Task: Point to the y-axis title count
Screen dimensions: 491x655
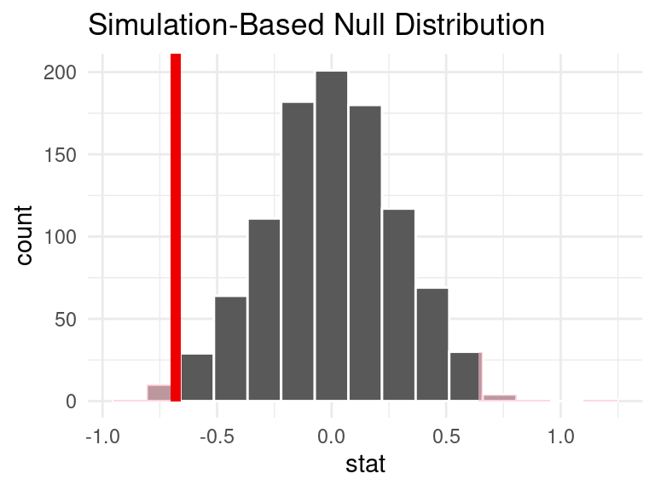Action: pos(26,234)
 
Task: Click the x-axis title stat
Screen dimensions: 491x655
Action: pos(365,465)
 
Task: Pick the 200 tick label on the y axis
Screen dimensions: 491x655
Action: pos(61,72)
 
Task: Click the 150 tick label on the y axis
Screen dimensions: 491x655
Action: pos(61,154)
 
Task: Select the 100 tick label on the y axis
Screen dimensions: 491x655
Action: pos(61,237)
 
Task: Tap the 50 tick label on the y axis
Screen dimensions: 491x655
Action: pos(66,319)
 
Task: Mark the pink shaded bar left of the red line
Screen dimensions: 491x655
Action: pos(159,393)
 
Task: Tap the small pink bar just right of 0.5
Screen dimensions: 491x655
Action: pos(499,397)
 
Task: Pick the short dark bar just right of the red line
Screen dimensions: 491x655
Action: pos(197,378)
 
